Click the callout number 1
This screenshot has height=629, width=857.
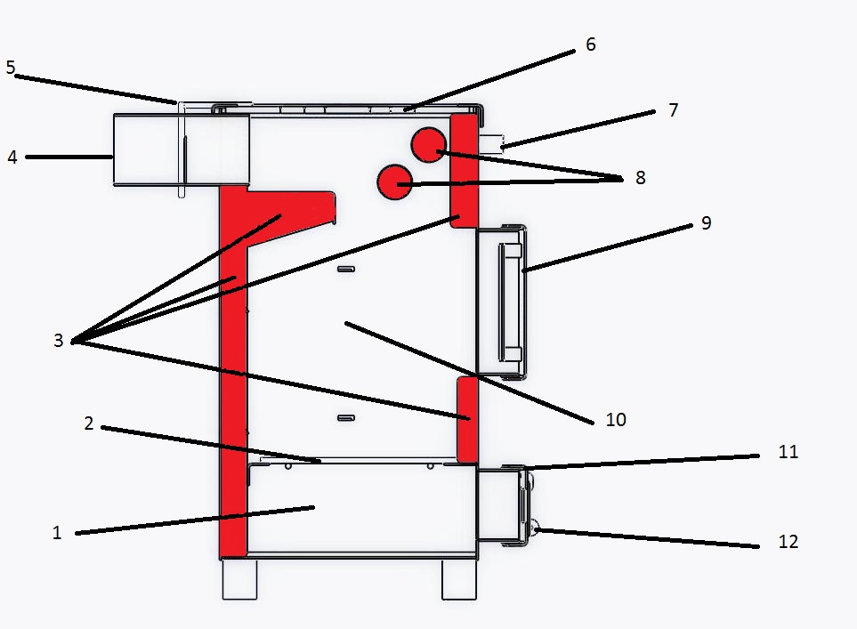coord(57,532)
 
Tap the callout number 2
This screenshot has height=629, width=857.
coord(89,423)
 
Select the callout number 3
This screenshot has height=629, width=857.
coord(59,341)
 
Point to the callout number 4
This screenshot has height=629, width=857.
coord(12,157)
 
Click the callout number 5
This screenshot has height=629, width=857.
coord(11,68)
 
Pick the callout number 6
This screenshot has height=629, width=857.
coord(590,44)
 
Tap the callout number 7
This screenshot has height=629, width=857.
coord(674,109)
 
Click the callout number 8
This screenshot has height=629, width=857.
coord(641,178)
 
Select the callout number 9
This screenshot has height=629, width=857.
coord(706,223)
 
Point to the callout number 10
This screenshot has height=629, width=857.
coord(616,420)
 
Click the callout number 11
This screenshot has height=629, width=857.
coord(788,452)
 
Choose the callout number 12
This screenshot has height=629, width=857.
coord(788,542)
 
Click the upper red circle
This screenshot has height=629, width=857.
coord(429,145)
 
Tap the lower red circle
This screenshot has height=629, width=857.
coord(394,182)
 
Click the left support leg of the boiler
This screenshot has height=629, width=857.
coord(239,579)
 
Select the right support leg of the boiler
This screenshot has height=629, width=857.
coord(459,579)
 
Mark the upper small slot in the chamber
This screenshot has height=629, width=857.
coord(346,269)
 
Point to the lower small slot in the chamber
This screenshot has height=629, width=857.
coord(346,418)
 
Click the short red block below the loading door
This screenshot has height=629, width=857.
coord(467,419)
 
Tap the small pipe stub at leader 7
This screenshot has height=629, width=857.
coord(491,143)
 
